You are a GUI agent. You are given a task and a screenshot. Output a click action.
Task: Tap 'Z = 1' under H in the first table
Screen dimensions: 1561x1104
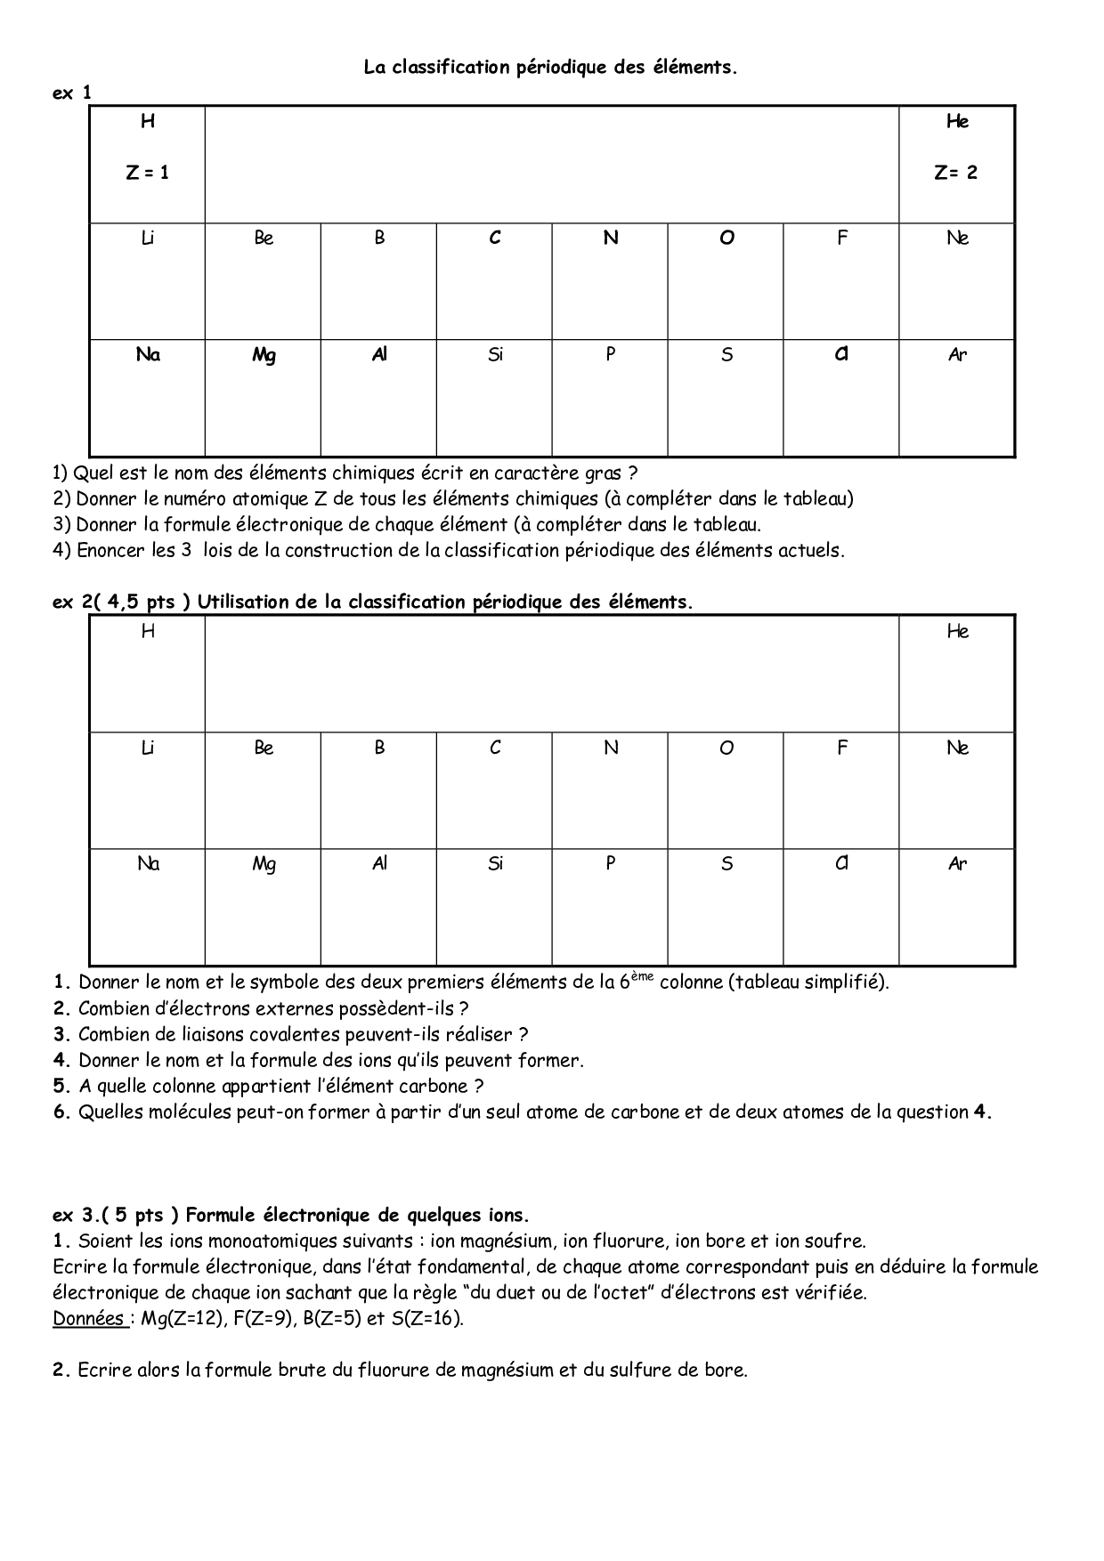147,174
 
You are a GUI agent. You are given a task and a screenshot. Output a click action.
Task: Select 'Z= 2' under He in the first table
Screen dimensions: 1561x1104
956,174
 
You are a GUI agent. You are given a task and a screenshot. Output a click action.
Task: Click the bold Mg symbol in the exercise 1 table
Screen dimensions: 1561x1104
264,355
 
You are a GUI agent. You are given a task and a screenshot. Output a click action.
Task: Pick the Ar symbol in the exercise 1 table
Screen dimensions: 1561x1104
957,355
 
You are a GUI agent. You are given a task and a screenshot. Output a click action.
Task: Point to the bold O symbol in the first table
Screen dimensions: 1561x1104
727,238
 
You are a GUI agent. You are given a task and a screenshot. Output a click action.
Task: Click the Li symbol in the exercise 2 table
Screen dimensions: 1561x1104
148,748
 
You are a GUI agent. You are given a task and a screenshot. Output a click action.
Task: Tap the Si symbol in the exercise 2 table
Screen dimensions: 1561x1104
495,863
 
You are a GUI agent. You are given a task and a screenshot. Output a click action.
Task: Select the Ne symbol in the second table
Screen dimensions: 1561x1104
957,748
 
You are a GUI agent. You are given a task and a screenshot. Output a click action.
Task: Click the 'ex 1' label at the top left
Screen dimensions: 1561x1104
71,93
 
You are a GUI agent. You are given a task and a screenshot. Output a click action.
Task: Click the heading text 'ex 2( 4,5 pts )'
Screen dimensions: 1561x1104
122,602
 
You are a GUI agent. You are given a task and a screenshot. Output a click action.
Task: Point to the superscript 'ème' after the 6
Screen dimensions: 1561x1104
642,976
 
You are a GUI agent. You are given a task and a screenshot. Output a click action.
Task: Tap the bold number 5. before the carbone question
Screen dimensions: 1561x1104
61,1086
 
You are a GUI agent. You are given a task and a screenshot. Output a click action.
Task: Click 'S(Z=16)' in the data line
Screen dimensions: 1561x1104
426,1318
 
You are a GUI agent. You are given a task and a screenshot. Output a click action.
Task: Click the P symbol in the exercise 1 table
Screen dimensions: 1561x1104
611,354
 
